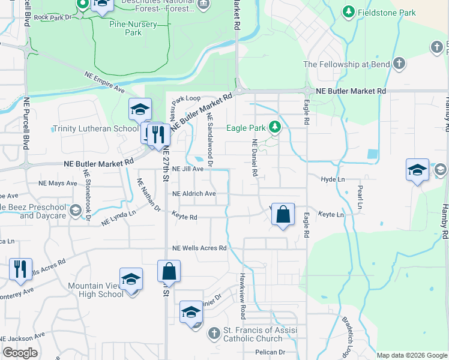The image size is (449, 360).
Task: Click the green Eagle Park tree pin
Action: (275, 127)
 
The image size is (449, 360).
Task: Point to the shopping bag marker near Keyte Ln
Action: (283, 215)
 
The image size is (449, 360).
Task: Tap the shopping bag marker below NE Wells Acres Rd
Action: (169, 271)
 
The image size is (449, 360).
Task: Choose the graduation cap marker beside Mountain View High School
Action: (131, 280)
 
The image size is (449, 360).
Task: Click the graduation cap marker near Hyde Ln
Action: (417, 170)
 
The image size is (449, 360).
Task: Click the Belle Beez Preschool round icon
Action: (76, 211)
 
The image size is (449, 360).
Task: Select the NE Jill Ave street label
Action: (188, 169)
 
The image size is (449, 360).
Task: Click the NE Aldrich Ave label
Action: (194, 194)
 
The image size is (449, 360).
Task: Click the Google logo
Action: (20, 353)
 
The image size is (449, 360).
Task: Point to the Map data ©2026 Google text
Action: (411, 355)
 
